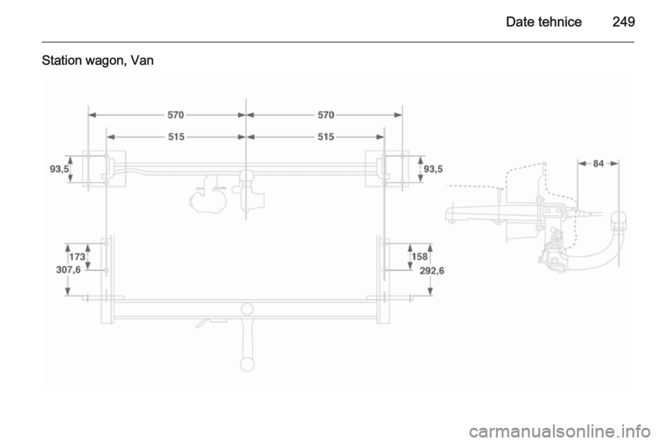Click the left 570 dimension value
pos(176,115)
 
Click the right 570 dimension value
pos(325,115)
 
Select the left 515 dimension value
pos(176,137)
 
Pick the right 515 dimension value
pos(325,137)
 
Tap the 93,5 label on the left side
pos(59,169)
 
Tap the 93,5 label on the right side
pos(433,169)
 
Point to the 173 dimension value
pos(77,257)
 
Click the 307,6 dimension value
pos(68,269)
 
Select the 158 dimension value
pos(419,257)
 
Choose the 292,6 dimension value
pos(432,270)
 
